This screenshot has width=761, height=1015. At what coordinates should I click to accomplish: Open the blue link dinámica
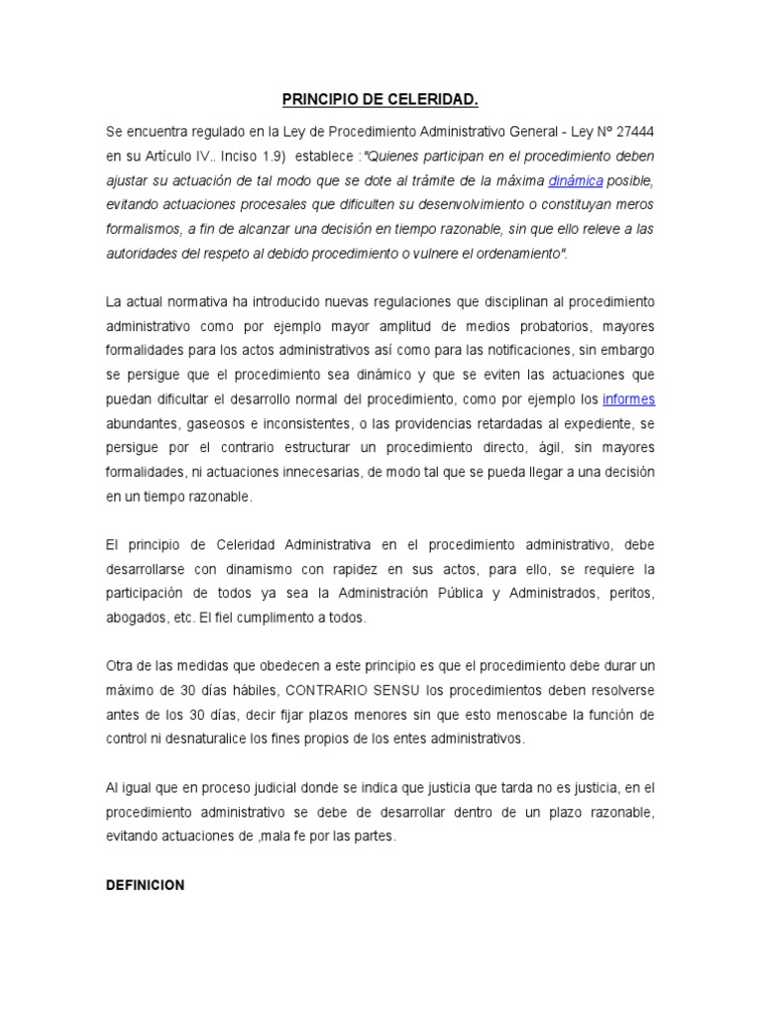576,180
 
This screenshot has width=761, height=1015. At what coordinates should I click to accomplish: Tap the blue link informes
629,399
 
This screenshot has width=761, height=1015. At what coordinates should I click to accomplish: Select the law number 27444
628,133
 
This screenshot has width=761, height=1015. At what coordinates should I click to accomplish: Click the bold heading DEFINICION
146,885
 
